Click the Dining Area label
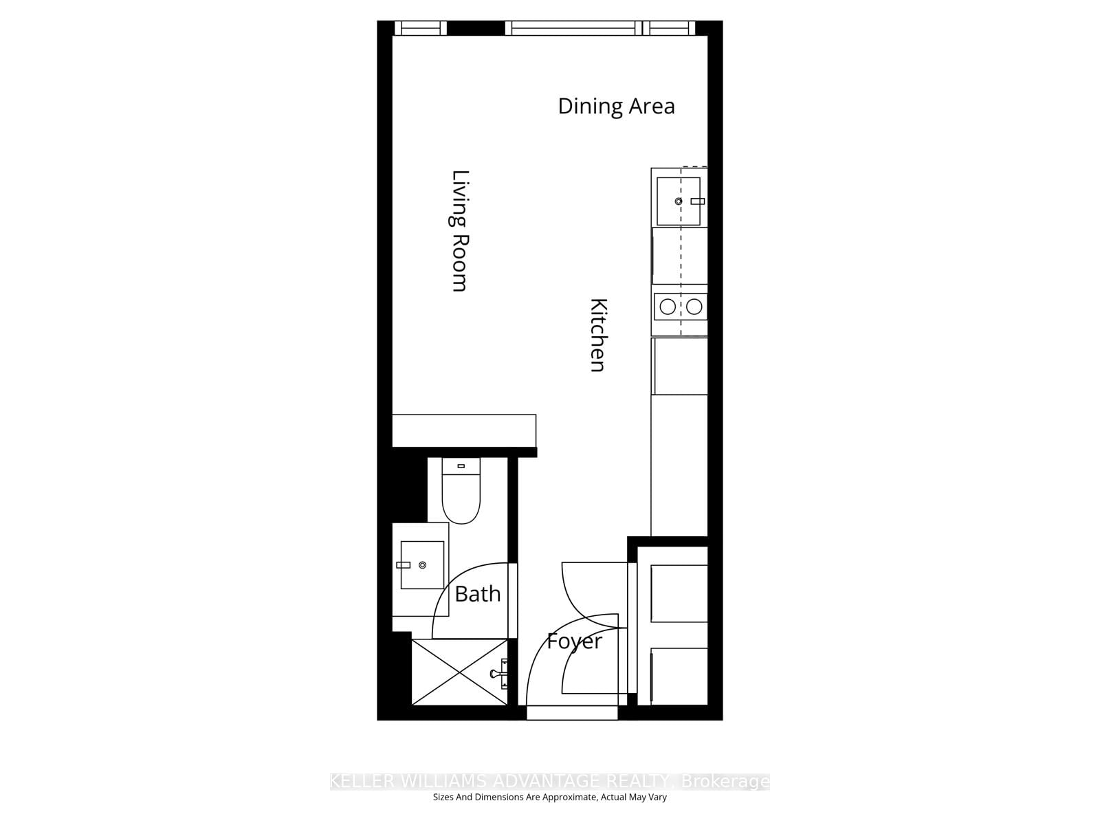[x=616, y=107]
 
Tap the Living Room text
[x=459, y=231]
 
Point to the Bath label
[x=477, y=594]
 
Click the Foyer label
[x=574, y=641]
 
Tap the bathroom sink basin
[x=422, y=565]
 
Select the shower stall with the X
[x=459, y=672]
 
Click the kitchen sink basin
[x=678, y=201]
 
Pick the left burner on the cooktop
[x=668, y=307]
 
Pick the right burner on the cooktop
[x=694, y=307]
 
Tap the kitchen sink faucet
[x=698, y=201]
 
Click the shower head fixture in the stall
[x=500, y=674]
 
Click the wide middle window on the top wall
[x=573, y=28]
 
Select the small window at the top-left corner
[x=420, y=28]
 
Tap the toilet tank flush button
[x=461, y=466]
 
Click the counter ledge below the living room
[x=463, y=430]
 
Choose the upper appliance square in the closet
[x=679, y=593]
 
